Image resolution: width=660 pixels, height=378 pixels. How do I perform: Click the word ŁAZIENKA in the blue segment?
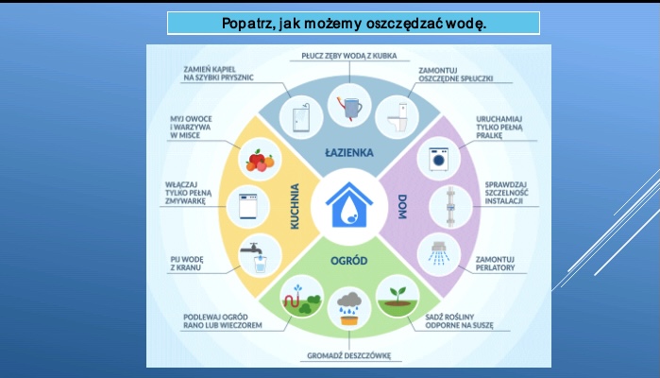click(x=349, y=152)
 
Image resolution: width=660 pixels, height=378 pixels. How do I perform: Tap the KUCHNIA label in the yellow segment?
click(x=295, y=207)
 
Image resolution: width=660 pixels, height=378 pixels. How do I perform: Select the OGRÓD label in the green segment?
click(x=349, y=261)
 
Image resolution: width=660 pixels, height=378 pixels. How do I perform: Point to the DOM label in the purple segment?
click(x=402, y=207)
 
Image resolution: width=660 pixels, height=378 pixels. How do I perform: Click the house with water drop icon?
click(x=349, y=205)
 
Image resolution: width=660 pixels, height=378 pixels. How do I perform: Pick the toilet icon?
click(x=398, y=117)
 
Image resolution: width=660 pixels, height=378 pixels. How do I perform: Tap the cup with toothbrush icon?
click(x=349, y=108)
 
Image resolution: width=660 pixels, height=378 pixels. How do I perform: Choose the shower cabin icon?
click(x=301, y=117)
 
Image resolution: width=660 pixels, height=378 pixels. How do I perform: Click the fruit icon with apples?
click(x=260, y=161)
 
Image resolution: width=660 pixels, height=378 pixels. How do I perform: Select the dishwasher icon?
click(x=248, y=206)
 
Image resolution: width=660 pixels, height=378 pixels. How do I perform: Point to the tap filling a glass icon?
click(x=257, y=257)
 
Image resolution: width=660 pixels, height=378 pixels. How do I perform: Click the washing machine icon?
click(x=439, y=159)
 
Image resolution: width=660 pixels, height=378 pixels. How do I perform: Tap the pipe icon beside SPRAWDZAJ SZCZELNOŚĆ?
click(x=450, y=207)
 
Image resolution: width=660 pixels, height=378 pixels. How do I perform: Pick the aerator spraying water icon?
click(x=439, y=253)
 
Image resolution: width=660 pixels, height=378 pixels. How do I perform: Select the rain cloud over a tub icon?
click(x=349, y=309)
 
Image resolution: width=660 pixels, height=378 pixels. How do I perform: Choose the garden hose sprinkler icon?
click(x=302, y=301)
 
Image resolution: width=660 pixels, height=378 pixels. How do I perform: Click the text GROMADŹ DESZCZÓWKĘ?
click(x=349, y=355)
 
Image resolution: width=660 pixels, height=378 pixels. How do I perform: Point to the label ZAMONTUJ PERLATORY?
click(x=495, y=264)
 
